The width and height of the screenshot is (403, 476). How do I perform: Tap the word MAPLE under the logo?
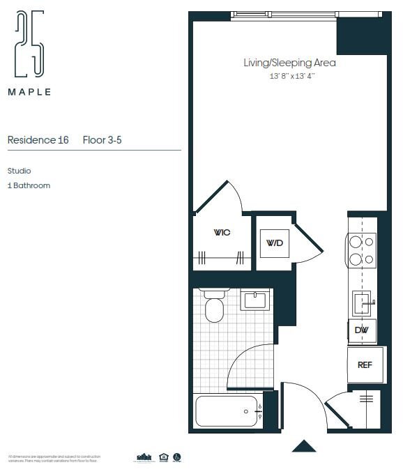(x=29, y=91)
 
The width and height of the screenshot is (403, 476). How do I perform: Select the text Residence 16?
(x=38, y=140)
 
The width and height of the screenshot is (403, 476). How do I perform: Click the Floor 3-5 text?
(x=102, y=140)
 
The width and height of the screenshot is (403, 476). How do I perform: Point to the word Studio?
(x=20, y=171)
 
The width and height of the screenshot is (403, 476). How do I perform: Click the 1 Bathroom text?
(x=29, y=186)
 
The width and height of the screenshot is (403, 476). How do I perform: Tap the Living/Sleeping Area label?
(x=289, y=63)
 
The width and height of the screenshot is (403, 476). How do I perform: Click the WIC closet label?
(x=222, y=233)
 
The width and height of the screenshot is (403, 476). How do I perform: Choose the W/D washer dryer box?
(x=274, y=243)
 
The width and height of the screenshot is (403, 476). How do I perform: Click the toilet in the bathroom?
(x=214, y=307)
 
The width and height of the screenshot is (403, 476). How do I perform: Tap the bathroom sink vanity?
(x=254, y=301)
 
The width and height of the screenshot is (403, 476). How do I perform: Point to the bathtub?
(x=227, y=411)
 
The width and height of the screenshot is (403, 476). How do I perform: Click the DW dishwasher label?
(x=361, y=330)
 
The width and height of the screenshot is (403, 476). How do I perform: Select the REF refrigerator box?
(x=365, y=364)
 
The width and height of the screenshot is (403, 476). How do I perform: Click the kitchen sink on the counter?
(x=363, y=302)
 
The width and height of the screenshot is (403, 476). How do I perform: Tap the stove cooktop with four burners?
(x=361, y=250)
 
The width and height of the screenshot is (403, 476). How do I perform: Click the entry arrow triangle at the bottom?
(x=304, y=446)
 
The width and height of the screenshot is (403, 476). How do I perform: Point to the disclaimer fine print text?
(x=52, y=459)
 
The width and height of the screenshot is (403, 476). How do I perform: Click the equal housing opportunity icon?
(x=164, y=458)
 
